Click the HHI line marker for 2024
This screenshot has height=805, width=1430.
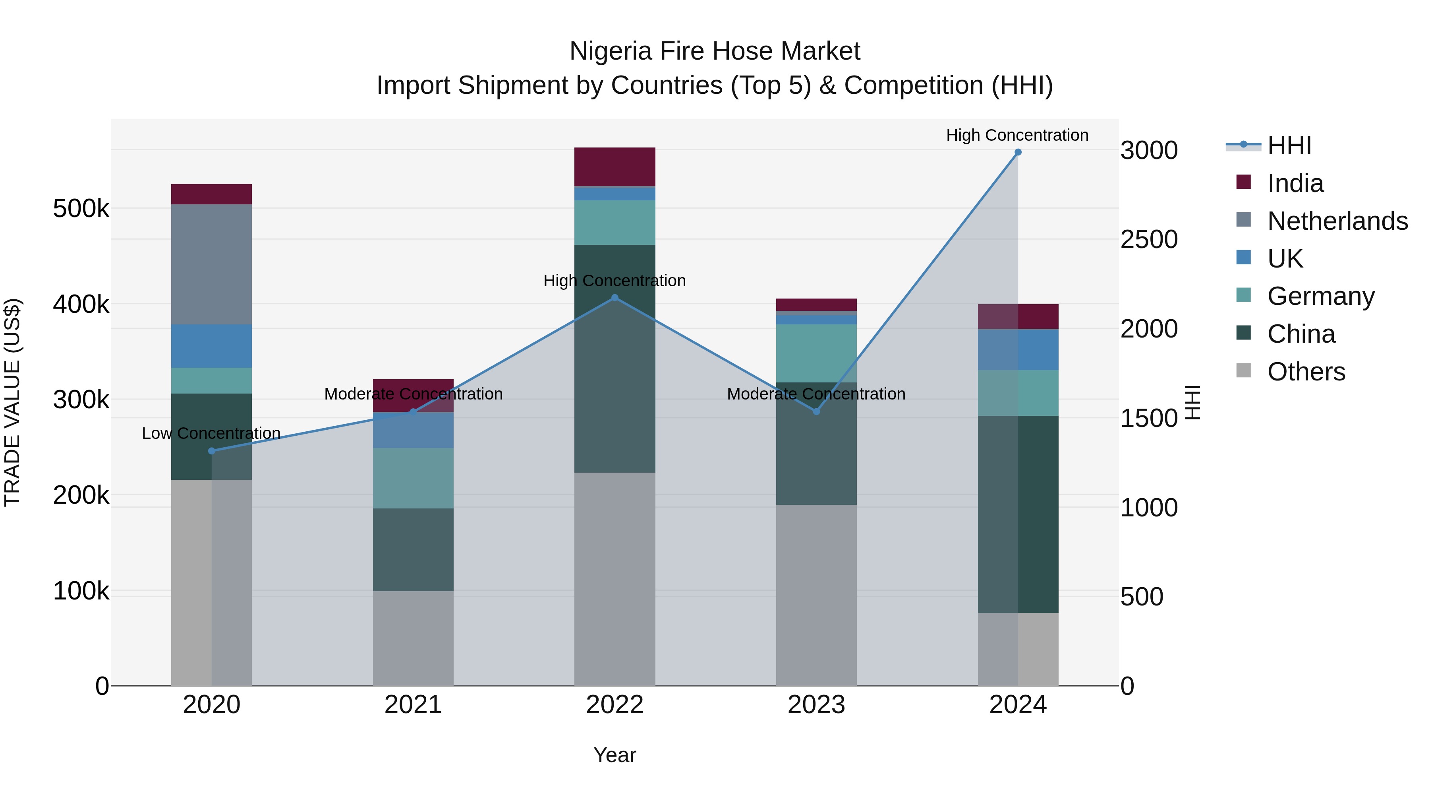(1018, 152)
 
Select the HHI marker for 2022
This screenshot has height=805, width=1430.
(615, 298)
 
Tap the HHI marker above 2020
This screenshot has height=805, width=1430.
(211, 451)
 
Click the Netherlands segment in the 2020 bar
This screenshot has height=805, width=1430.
(211, 264)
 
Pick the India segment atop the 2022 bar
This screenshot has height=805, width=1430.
(615, 167)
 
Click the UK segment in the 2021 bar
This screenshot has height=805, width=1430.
(413, 430)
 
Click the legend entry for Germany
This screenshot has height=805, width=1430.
(1321, 296)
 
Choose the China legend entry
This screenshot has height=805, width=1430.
(1301, 334)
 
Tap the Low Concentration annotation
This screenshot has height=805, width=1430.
(211, 433)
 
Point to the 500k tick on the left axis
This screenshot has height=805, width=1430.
(81, 209)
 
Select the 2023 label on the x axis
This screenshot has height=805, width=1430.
(816, 705)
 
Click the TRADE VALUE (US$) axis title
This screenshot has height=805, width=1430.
(12, 402)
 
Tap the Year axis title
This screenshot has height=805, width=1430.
(615, 755)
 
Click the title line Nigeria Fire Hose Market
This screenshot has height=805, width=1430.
(715, 51)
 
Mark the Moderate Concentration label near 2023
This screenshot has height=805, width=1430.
(816, 394)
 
